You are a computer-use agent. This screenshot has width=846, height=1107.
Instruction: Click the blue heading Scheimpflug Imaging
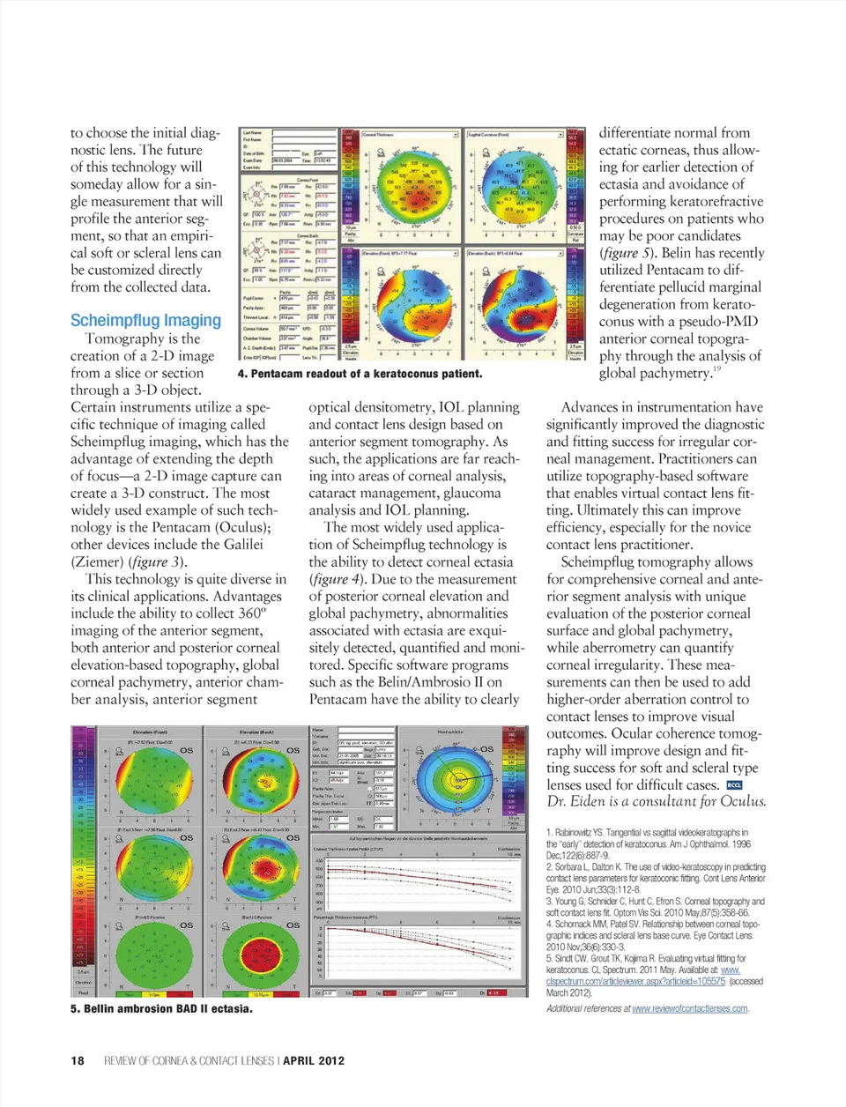point(145,321)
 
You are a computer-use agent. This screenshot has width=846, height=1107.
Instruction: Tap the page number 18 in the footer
point(78,1060)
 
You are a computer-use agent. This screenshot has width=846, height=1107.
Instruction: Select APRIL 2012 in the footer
point(314,1060)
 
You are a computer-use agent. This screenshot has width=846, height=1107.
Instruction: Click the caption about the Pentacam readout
point(360,374)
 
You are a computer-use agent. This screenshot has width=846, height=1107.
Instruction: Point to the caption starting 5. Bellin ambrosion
point(161,1008)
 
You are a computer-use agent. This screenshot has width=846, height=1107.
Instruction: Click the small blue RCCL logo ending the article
point(734,785)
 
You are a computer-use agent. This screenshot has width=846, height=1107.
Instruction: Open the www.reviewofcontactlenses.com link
point(690,1008)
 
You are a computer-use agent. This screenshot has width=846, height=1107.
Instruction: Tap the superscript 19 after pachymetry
point(717,369)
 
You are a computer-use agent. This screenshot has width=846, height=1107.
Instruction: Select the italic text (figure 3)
point(158,561)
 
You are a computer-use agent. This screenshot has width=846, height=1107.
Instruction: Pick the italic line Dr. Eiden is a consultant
point(656,802)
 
